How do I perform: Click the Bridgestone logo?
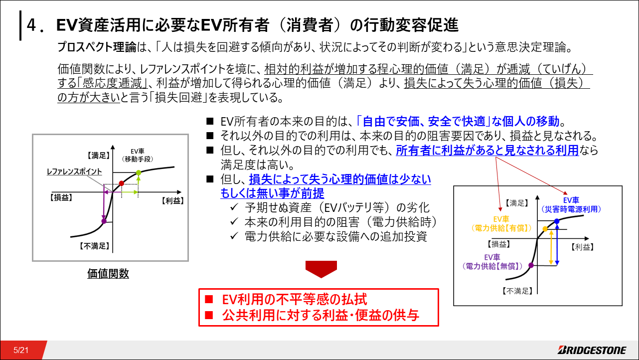point(592,350)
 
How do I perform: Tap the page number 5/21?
point(21,351)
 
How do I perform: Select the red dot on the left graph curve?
point(122,183)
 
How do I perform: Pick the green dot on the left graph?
point(139,173)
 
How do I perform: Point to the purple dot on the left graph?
point(104,221)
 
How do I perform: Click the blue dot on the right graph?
point(557,221)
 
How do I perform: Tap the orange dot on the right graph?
point(545,229)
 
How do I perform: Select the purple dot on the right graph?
point(531,265)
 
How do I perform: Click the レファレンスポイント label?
point(74,172)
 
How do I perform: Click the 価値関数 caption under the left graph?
point(108,274)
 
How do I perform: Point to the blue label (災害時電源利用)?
point(571,209)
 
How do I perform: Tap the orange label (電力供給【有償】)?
point(501,228)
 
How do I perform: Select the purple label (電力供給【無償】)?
point(492,266)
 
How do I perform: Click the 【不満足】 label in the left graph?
point(94,246)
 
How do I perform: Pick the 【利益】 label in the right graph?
point(583,247)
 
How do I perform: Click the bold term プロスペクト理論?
point(97,47)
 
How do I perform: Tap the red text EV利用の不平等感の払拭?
point(295,299)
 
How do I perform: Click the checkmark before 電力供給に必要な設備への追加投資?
point(234,236)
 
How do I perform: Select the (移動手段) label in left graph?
point(138,159)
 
